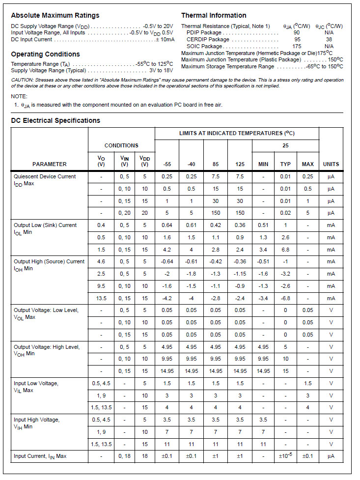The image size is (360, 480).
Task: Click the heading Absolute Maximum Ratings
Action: (55, 15)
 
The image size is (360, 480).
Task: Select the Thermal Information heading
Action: (214, 15)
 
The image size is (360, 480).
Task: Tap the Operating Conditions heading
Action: (45, 54)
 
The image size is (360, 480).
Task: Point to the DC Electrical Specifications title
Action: (55, 120)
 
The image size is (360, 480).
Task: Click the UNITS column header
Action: (331, 164)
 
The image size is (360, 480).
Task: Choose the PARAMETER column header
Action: (50, 164)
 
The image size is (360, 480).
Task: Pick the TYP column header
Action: (285, 164)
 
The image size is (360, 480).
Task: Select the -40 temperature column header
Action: (192, 164)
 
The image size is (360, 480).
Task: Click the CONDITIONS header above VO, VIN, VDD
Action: (121, 145)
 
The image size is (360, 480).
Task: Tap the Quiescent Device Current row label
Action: (45, 176)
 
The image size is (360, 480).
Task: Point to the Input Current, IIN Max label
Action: (40, 456)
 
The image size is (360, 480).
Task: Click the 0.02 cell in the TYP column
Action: (285, 213)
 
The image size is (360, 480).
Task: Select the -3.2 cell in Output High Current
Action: (285, 274)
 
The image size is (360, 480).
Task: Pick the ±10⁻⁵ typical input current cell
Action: (285, 456)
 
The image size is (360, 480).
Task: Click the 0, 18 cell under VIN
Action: (124, 456)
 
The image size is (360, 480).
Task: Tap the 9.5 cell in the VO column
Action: (101, 286)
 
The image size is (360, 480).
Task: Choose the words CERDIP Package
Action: (208, 39)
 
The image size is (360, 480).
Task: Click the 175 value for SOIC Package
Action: (297, 46)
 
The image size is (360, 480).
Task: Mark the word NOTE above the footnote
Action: (19, 96)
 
